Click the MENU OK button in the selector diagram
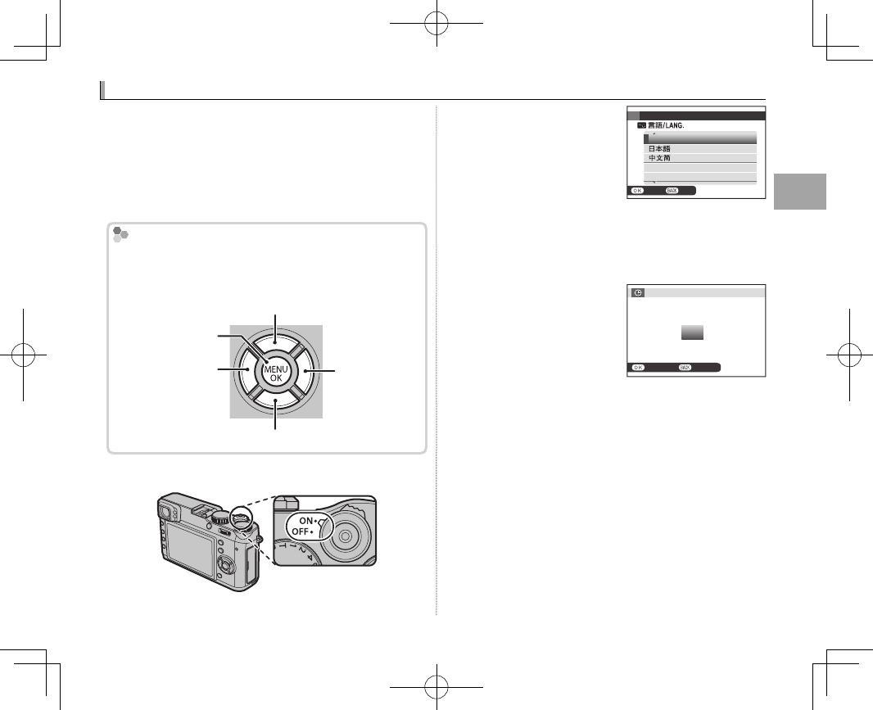point(275,373)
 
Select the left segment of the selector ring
point(245,372)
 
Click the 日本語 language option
point(659,149)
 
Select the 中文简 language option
point(659,158)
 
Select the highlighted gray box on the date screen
point(692,332)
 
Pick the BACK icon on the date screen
point(685,368)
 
